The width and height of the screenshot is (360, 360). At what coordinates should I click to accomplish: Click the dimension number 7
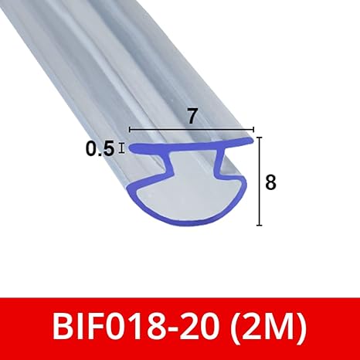click(192, 117)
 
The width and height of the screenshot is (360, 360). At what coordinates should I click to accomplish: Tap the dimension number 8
click(270, 182)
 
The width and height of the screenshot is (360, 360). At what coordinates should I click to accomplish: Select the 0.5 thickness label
click(100, 149)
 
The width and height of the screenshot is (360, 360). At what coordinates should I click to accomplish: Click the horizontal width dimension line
click(192, 130)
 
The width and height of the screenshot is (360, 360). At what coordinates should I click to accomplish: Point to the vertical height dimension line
click(260, 182)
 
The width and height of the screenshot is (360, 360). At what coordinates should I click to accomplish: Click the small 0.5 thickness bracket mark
click(122, 148)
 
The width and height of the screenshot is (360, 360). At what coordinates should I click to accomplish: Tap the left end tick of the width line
click(130, 130)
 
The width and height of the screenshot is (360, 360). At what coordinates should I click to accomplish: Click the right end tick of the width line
click(254, 130)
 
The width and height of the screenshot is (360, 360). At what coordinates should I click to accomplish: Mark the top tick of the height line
click(260, 138)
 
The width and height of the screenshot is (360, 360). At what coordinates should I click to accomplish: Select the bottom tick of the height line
click(260, 225)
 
